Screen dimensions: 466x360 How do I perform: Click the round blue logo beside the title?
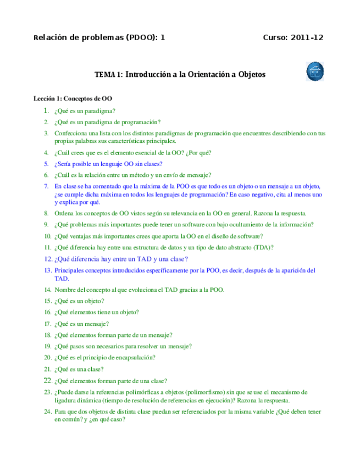click(314, 71)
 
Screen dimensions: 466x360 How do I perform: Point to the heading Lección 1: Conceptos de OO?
click(73, 99)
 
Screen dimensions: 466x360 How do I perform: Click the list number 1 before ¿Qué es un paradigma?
click(47, 110)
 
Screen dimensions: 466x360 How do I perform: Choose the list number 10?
click(47, 236)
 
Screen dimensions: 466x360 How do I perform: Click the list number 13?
click(47, 270)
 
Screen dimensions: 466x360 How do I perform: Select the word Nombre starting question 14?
click(65, 290)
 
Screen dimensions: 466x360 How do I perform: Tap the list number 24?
click(47, 411)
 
